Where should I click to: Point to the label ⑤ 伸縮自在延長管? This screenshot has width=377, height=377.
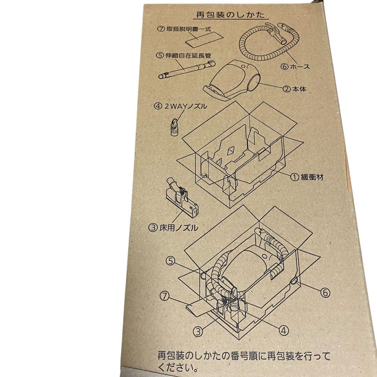click(x=184, y=55)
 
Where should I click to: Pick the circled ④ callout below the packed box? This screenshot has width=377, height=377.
click(x=284, y=330)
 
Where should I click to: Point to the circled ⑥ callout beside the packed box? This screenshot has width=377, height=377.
click(x=324, y=293)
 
